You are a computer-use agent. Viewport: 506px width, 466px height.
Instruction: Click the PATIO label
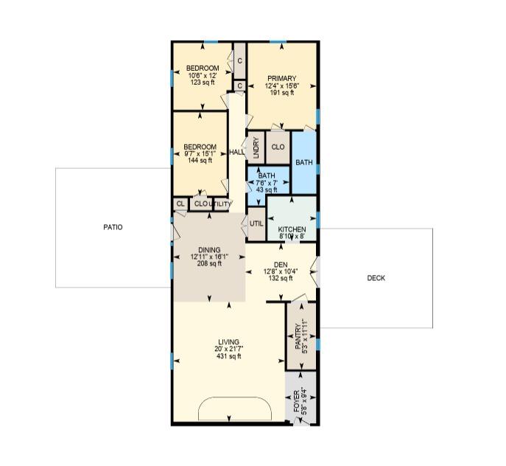[x=113, y=227]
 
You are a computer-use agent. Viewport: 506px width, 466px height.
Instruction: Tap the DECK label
[x=376, y=278]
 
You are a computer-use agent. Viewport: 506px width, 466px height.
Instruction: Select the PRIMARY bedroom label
[x=281, y=79]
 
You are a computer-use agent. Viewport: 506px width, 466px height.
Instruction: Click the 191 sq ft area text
[x=281, y=93]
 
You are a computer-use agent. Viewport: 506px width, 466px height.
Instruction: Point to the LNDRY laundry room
[x=256, y=147]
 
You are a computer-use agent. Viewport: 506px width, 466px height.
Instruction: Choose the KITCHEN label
[x=292, y=229]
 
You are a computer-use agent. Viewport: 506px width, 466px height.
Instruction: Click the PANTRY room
[x=301, y=336]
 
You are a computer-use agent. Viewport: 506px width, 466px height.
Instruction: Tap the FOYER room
[x=301, y=397]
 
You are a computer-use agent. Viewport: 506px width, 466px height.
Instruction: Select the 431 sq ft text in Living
[x=229, y=356]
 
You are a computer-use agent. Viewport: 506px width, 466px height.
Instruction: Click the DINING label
[x=209, y=250]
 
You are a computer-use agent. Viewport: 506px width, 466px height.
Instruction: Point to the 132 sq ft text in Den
[x=281, y=278]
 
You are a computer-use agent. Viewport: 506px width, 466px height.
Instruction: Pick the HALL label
[x=237, y=152]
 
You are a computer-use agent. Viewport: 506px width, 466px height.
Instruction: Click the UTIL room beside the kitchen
[x=256, y=224]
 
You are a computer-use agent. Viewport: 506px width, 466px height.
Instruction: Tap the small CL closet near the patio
[x=180, y=204]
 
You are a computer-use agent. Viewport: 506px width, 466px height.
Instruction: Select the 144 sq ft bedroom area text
[x=200, y=160]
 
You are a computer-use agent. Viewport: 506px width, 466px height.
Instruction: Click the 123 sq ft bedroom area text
[x=203, y=82]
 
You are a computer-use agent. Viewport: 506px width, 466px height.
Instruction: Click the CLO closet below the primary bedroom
[x=278, y=147]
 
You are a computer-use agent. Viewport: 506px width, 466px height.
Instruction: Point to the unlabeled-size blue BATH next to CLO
[x=304, y=162]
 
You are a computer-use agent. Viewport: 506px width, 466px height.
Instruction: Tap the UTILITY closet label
[x=220, y=204]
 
